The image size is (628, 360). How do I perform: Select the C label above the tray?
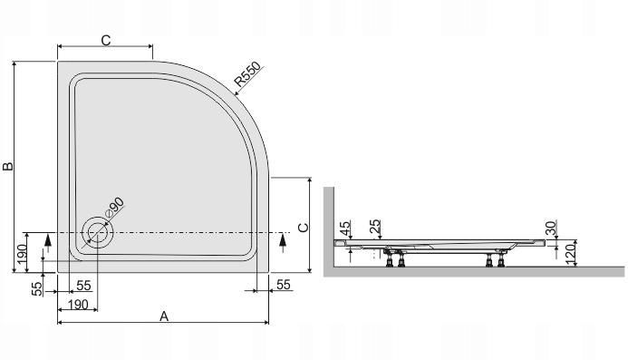coord(105,39)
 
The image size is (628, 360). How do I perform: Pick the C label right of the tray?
coord(304,227)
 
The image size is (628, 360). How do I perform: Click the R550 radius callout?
coord(247,78)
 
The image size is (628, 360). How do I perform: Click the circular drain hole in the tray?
coord(96,233)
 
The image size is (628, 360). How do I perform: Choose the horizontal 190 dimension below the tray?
coord(77,304)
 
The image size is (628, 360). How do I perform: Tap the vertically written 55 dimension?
coord(37,290)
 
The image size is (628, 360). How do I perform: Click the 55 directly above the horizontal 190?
coord(82,286)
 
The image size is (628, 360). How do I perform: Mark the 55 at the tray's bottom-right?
coord(283,286)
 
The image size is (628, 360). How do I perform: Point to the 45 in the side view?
coord(344,229)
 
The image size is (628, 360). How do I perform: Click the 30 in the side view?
coord(551,227)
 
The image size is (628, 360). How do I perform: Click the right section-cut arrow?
coord(283,240)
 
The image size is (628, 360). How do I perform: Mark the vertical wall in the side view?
coord(331,227)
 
